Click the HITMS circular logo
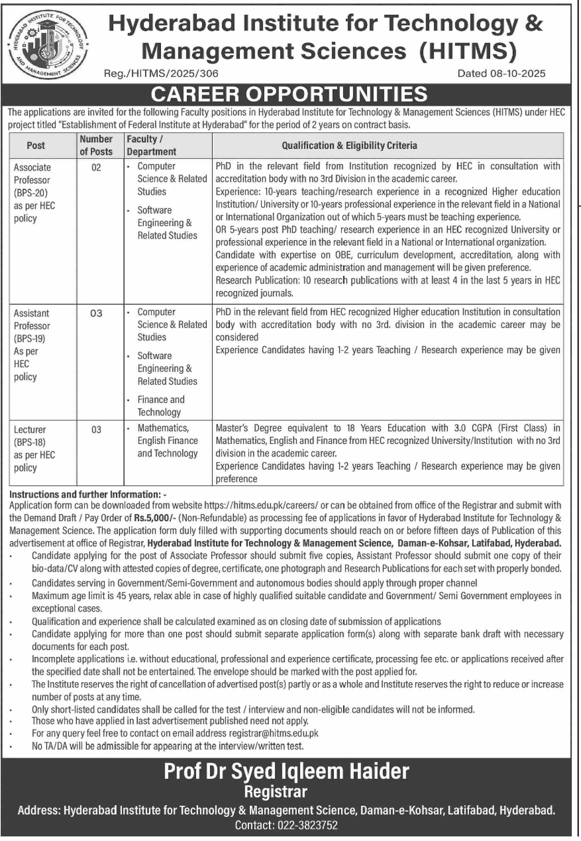click(48, 44)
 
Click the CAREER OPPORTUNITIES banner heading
click(289, 94)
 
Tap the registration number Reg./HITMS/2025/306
click(161, 74)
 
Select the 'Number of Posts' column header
click(96, 145)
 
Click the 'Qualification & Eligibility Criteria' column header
click(349, 145)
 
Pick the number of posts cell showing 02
click(96, 167)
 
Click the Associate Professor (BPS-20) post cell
click(34, 192)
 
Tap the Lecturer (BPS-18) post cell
click(34, 448)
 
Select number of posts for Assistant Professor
click(96, 313)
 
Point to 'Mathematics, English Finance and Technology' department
click(167, 440)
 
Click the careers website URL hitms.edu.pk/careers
click(261, 505)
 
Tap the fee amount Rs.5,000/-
click(155, 518)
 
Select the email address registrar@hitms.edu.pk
click(274, 733)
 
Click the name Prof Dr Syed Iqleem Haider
click(286, 771)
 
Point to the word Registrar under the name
click(276, 792)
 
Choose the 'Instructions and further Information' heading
click(87, 494)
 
